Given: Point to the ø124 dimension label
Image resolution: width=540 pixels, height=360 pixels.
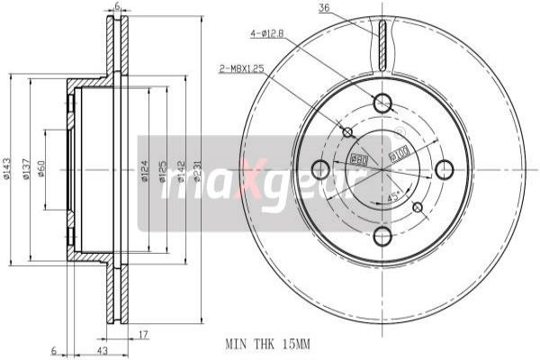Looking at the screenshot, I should [145, 171].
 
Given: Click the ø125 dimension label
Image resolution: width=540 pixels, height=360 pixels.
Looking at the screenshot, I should [163, 171].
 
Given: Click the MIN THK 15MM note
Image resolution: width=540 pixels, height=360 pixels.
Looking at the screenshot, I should [267, 343].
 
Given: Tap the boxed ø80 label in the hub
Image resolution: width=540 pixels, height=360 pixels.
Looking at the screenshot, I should [357, 160].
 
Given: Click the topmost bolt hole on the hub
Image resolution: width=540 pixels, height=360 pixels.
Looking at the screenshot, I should [382, 102].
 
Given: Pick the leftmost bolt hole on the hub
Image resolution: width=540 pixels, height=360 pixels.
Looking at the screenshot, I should [319, 169].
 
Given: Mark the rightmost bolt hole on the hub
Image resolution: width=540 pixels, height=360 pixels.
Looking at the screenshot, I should [444, 169].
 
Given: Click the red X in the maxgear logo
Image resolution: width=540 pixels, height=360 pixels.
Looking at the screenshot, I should [248, 186].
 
